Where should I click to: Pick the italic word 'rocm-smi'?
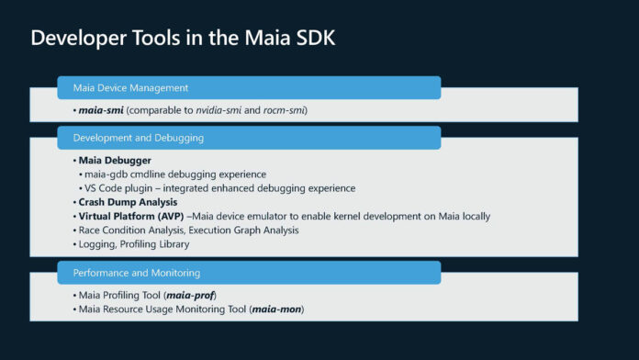coord(283,110)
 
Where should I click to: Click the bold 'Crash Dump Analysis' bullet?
coord(128,202)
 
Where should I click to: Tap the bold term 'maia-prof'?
coord(190,295)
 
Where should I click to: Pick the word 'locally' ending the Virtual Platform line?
coord(473,216)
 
